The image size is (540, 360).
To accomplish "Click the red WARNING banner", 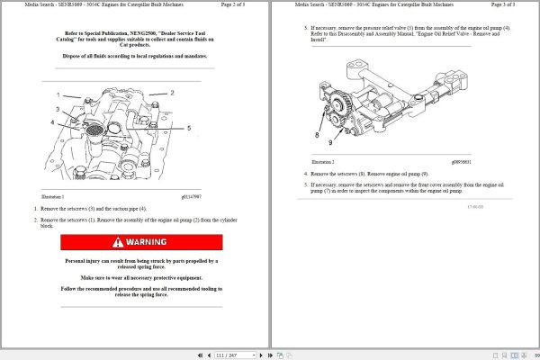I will [141, 242].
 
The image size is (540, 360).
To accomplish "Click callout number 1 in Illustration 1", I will [59, 94].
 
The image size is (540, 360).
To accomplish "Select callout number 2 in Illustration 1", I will [171, 93].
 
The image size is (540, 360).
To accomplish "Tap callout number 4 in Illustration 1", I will [53, 122].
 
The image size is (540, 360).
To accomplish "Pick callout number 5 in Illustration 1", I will [188, 129].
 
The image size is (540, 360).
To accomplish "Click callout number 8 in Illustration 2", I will [316, 134].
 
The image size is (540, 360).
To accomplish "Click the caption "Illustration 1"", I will [58, 195].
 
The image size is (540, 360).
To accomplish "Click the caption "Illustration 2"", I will [321, 162].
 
